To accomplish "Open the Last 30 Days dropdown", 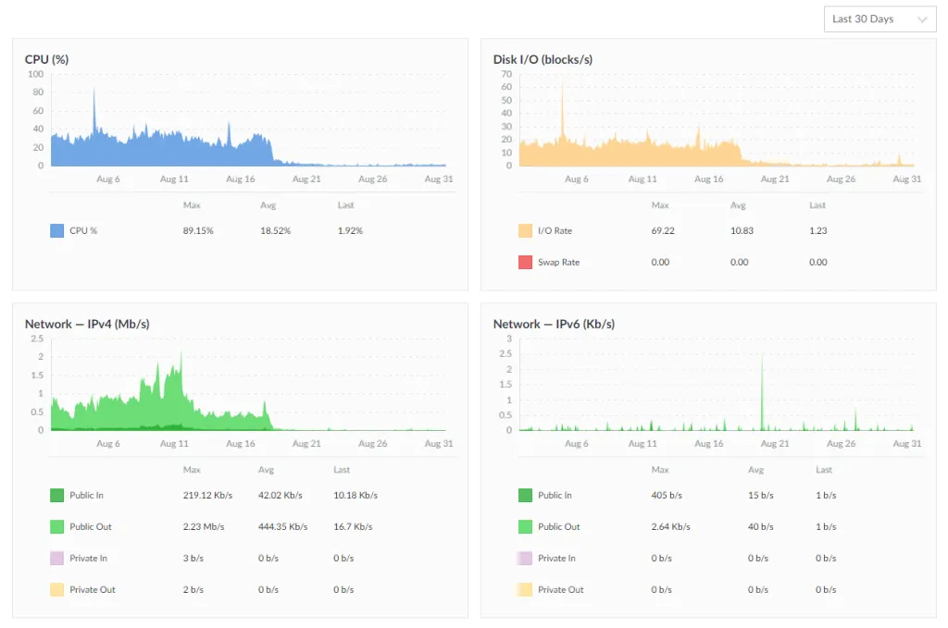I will tap(879, 19).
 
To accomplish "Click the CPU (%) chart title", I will tap(46, 59).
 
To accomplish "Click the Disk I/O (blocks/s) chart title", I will tap(543, 59).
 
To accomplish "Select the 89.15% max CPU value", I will tap(198, 230).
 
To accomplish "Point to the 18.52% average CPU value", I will tap(275, 230).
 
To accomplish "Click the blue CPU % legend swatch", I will tap(57, 230).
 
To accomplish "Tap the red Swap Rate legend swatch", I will tap(525, 262).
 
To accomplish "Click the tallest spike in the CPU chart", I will tap(94, 90).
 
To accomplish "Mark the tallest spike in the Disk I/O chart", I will tap(562, 86).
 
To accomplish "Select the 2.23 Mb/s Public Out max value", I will tap(201, 526).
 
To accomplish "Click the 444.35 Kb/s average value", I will tap(283, 526).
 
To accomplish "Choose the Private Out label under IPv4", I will tap(93, 589).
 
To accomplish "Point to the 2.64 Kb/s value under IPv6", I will tap(670, 526).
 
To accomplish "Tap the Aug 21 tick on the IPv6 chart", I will tap(775, 444).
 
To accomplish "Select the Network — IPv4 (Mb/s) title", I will tap(87, 324).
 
